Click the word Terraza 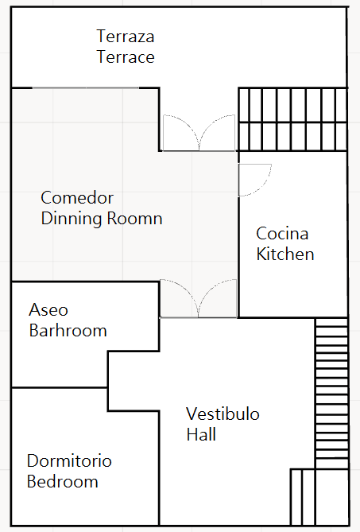click(126, 36)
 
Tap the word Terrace click(126, 56)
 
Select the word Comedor click(77, 197)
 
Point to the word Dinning click(72, 218)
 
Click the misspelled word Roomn click(134, 219)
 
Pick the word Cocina click(282, 234)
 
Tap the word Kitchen click(285, 254)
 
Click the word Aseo click(48, 310)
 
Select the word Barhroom click(68, 331)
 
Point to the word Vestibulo click(223, 414)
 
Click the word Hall click(201, 434)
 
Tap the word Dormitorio click(69, 460)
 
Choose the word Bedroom click(62, 481)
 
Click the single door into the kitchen click(254, 180)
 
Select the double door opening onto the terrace click(199, 133)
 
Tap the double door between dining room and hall click(199, 298)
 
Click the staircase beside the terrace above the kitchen click(293, 119)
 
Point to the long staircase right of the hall click(332, 394)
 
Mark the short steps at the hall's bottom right click(302, 497)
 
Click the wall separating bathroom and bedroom click(60, 387)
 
